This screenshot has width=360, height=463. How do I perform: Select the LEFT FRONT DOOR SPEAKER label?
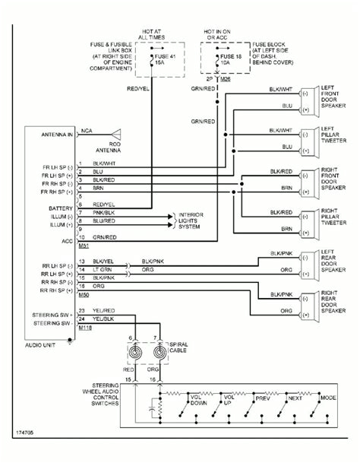point(333,99)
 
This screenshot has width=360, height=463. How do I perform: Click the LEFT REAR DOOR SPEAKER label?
point(333,261)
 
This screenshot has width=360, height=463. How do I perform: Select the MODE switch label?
point(328,397)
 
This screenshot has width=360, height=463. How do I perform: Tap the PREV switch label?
point(263,397)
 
